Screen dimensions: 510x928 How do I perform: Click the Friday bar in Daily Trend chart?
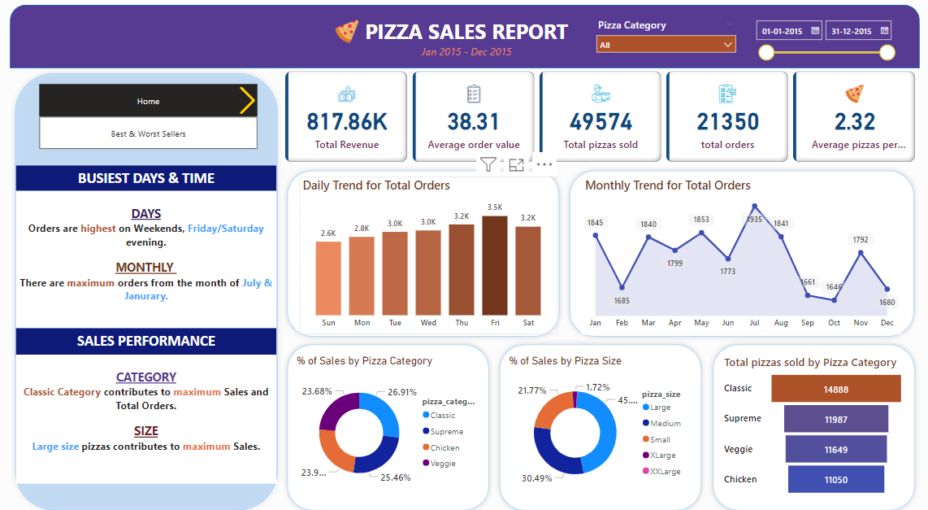click(x=494, y=265)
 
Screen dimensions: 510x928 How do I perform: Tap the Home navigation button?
click(x=148, y=101)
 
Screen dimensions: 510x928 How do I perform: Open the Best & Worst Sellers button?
click(x=148, y=133)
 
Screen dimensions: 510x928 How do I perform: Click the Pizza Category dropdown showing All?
click(x=666, y=45)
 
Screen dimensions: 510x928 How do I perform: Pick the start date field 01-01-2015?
click(x=788, y=31)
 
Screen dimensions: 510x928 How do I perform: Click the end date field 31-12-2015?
click(x=858, y=31)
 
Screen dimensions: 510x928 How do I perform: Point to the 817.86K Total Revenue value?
click(x=347, y=122)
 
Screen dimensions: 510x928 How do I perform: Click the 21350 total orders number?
click(x=727, y=122)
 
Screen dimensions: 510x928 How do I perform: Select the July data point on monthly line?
click(x=755, y=207)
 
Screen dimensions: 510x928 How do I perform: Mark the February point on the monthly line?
click(x=622, y=287)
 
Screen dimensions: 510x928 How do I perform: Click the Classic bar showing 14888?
click(x=835, y=390)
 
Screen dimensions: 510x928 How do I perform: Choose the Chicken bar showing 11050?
click(x=835, y=480)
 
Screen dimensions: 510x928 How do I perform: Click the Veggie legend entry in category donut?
click(x=443, y=463)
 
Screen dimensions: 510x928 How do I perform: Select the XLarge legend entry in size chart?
click(x=661, y=456)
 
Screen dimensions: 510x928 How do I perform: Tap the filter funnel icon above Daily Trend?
click(x=488, y=165)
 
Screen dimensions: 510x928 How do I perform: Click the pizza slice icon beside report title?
click(x=347, y=32)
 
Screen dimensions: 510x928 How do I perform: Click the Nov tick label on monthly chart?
click(x=861, y=323)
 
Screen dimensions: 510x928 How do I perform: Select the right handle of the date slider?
click(x=887, y=53)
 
